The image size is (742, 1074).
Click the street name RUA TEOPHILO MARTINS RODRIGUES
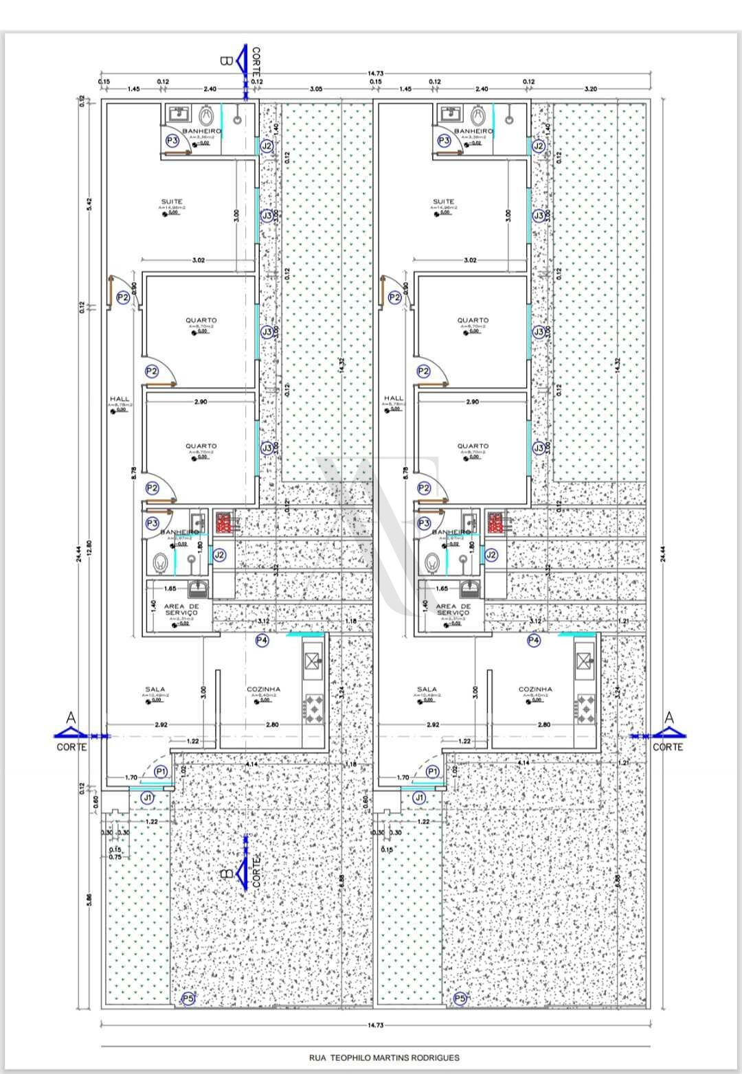pos(384,1058)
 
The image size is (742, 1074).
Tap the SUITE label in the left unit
pos(172,202)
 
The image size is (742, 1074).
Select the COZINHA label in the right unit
pos(535,689)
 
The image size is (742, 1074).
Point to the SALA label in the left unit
pos(155,689)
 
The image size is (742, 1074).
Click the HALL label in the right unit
pos(394,398)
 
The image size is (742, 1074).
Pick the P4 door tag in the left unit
pos(262,640)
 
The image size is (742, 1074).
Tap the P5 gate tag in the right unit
pos(460,998)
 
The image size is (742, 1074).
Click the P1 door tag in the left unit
pos(161,772)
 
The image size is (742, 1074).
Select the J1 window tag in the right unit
pos(419,797)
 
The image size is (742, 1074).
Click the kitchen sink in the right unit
pos(585,661)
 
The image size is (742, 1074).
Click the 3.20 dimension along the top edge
pos(589,89)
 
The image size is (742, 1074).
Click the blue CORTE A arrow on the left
pos(71,733)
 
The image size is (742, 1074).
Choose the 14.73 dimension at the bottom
pos(375,1025)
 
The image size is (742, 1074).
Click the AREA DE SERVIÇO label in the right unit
pos(452,610)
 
